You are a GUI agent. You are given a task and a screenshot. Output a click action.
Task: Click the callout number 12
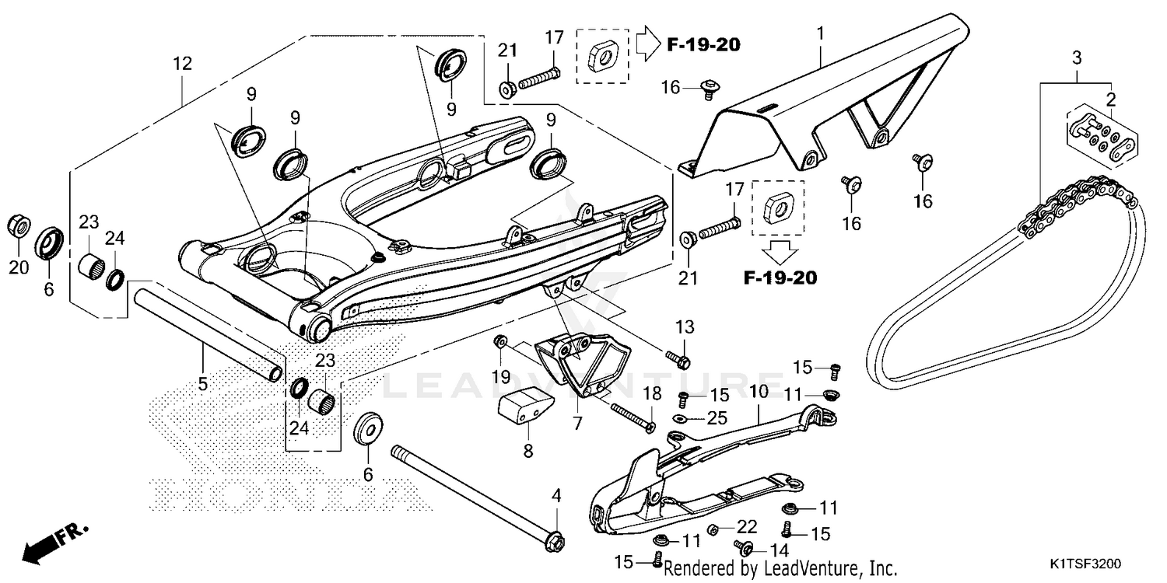tap(181, 64)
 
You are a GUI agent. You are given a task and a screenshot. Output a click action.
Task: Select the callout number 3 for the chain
tap(1077, 58)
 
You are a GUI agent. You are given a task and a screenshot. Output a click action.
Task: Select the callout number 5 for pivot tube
tap(203, 384)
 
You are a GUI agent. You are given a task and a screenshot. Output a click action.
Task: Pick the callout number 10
tap(759, 390)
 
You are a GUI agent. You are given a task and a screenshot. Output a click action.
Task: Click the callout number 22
tap(747, 527)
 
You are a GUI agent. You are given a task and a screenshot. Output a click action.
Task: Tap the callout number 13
tap(684, 326)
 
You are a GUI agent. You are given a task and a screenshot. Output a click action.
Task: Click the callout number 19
tap(501, 377)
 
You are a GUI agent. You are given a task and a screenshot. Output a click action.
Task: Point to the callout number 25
tap(716, 419)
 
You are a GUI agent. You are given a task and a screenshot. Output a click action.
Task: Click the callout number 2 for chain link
tap(1110, 99)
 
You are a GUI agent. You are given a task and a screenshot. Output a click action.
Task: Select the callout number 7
tap(576, 424)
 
